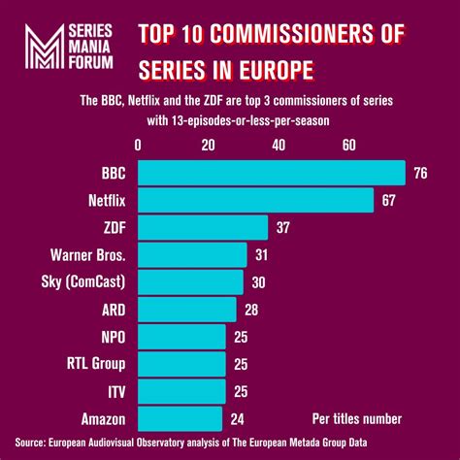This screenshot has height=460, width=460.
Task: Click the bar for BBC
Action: [x=272, y=173]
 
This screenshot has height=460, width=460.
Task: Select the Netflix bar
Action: [x=256, y=200]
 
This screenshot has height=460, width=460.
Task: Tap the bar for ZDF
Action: [x=203, y=227]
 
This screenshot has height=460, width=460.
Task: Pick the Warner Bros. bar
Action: [x=192, y=254]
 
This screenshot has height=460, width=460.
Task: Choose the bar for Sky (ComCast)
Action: [x=191, y=281]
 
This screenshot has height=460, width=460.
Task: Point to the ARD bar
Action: [x=187, y=309]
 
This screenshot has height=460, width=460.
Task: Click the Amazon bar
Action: [x=181, y=418]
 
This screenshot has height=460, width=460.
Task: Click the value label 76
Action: [x=421, y=173]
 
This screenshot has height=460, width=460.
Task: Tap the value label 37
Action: [x=284, y=227]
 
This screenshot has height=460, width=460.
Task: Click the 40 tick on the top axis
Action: [x=279, y=145]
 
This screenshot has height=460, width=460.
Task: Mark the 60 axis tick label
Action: [x=349, y=145]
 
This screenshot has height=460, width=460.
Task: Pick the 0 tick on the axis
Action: [x=139, y=145]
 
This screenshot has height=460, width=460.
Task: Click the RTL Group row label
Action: [x=97, y=364]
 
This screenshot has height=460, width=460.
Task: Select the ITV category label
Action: [x=115, y=391]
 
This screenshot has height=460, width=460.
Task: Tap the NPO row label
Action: [x=113, y=337]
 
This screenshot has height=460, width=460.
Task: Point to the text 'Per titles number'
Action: [x=357, y=418]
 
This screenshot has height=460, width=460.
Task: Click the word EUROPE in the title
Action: [x=279, y=72]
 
